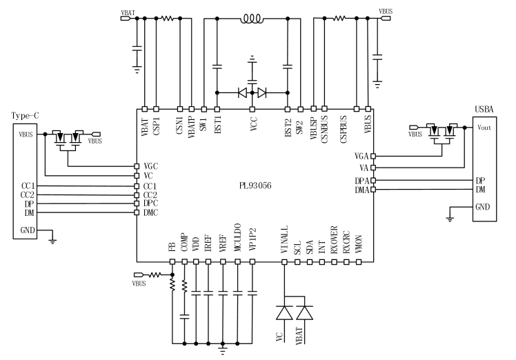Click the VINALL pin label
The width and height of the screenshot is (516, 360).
[x=284, y=246]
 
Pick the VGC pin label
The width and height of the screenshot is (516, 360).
[x=151, y=166]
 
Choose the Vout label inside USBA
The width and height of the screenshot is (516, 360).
[x=485, y=128]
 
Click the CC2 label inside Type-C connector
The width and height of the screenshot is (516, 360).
[x=28, y=195]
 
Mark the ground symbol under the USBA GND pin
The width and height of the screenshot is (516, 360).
[x=449, y=218]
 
